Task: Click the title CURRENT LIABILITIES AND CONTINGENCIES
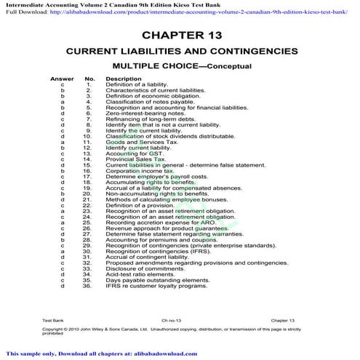tap(182, 52)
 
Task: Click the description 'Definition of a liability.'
tap(136, 84)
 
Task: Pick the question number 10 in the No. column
tap(88, 135)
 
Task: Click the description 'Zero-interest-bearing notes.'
tap(140, 113)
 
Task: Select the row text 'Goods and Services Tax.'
tap(135, 141)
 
